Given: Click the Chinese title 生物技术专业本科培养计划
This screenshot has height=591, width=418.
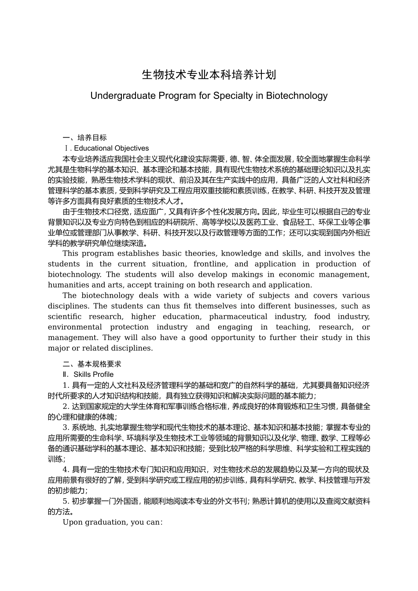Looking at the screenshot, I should pyautogui.click(x=209, y=74).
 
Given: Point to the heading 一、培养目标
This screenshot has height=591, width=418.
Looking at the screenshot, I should pyautogui.click(x=84, y=138).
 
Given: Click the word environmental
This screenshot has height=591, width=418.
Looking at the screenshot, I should pyautogui.click(x=74, y=327).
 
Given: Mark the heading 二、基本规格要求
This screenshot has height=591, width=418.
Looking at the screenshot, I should pyautogui.click(x=92, y=364).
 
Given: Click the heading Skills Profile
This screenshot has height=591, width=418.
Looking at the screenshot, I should pyautogui.click(x=93, y=375).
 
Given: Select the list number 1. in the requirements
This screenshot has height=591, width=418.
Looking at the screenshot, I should pyautogui.click(x=66, y=385).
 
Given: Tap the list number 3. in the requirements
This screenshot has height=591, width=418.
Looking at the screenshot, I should pyautogui.click(x=66, y=427).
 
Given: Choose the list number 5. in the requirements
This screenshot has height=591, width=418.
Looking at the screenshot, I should pyautogui.click(x=66, y=501).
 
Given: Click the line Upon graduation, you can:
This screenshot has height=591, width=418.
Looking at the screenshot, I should pyautogui.click(x=113, y=522).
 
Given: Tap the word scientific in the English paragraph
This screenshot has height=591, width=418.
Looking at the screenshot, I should pyautogui.click(x=64, y=317).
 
